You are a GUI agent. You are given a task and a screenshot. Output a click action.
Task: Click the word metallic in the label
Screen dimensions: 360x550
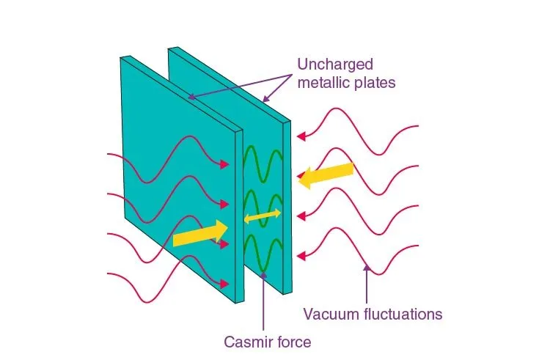[323, 83]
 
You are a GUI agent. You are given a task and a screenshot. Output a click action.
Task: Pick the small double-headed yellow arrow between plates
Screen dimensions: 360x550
[262, 216]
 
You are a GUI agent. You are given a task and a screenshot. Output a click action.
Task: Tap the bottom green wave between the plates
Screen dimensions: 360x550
[263, 250]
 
